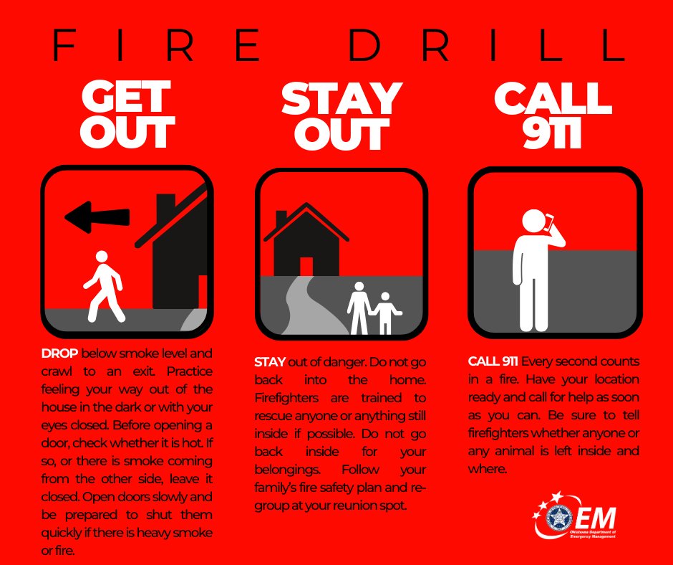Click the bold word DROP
(x=60, y=353)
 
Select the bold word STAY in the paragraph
(x=269, y=362)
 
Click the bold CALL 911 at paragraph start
(x=493, y=361)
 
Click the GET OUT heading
(x=127, y=115)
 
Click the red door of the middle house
(x=306, y=266)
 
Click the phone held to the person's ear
(x=549, y=223)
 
